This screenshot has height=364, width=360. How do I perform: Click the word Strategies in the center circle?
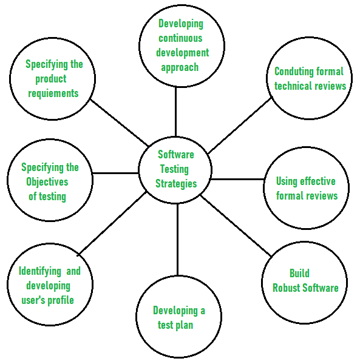tap(176, 183)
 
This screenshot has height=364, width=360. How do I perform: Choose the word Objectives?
tap(47, 181)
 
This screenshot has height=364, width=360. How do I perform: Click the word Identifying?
tap(39, 271)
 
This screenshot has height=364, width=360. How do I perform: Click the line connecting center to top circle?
tap(176, 112)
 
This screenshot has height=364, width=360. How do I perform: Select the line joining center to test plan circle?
tap(177, 243)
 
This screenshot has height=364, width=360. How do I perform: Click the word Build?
tap(299, 274)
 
